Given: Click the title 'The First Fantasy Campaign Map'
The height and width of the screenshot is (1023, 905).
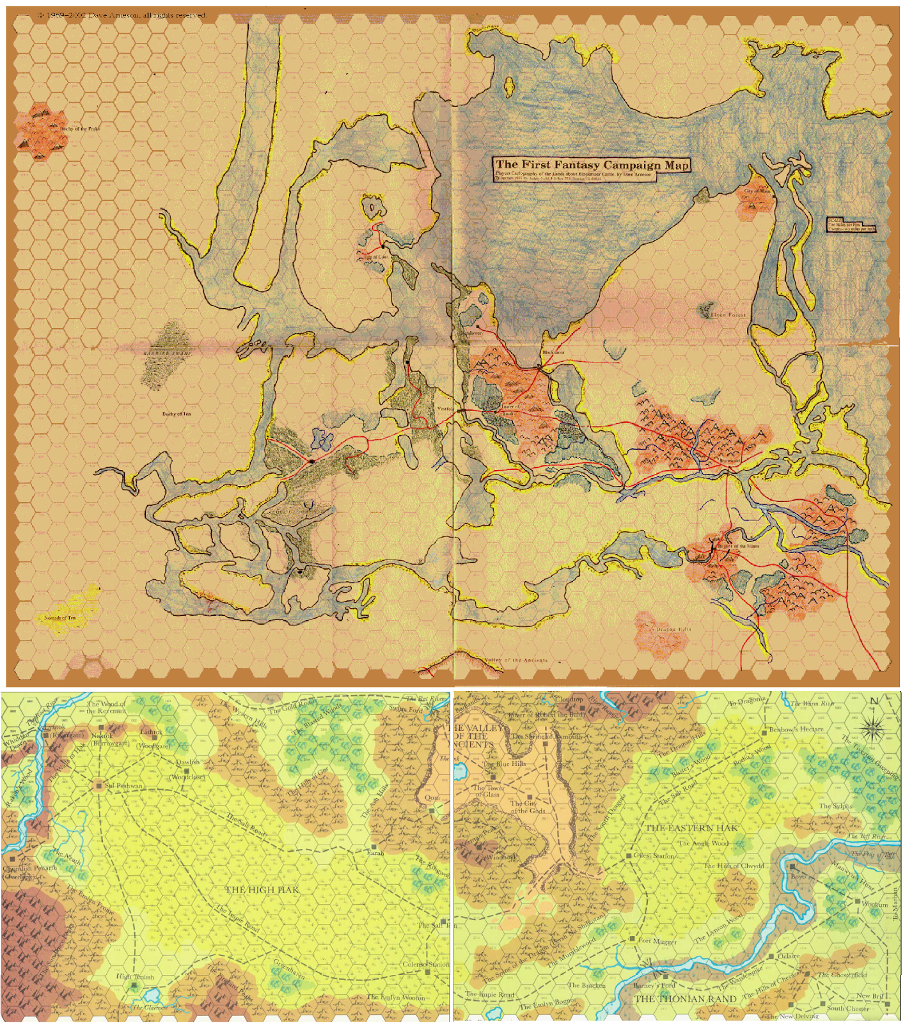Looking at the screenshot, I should click(592, 165).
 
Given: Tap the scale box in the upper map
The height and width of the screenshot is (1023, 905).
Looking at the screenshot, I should click(851, 224).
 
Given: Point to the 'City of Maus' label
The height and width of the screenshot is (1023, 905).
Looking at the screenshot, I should click(757, 191).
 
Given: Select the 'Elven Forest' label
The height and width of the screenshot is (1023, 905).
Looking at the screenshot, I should click(728, 315).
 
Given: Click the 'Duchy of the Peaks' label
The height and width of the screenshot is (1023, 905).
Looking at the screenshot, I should click(80, 129).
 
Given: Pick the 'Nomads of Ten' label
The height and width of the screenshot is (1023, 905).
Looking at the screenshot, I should click(60, 618).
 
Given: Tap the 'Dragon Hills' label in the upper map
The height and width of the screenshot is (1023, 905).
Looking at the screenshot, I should click(673, 629).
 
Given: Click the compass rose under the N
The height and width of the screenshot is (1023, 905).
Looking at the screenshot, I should click(873, 728).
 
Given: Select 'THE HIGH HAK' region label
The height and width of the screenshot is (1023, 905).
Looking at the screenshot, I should click(262, 889).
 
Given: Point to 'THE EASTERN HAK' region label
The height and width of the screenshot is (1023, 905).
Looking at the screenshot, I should click(691, 828).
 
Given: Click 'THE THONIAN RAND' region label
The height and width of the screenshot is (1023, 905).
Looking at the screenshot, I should click(686, 999).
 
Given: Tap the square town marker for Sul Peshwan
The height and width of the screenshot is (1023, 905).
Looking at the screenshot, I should click(99, 785).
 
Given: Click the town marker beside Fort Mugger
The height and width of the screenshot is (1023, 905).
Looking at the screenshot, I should click(632, 939).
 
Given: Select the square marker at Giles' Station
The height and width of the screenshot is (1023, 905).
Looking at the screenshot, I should click(629, 855).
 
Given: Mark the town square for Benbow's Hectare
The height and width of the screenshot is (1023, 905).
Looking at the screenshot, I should click(764, 730).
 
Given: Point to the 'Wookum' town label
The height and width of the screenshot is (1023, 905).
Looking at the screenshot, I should click(874, 905).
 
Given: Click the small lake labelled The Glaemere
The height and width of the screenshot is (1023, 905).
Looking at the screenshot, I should click(152, 996).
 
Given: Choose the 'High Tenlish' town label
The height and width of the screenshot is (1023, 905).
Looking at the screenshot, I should click(135, 977).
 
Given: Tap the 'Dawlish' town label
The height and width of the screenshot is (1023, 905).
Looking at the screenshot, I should click(188, 762).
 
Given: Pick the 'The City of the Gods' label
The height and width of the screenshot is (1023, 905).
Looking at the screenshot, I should click(528, 807).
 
